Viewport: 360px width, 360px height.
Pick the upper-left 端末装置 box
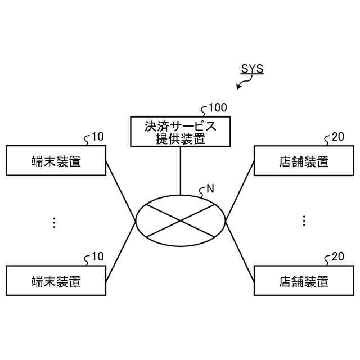tap(56, 161)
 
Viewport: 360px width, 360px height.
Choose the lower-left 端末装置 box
tap(56, 280)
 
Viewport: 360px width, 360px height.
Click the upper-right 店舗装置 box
tap(304, 161)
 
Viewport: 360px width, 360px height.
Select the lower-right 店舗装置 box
tap(304, 280)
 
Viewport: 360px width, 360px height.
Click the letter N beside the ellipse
tap(210, 189)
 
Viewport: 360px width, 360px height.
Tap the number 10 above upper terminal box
tap(97, 137)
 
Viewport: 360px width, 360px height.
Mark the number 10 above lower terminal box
tap(97, 256)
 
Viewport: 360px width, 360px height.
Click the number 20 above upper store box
tap(337, 137)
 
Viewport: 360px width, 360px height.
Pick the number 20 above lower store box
tap(337, 256)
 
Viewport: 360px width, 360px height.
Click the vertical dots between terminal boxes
tap(54, 222)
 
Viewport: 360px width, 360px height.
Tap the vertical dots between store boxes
tap(304, 220)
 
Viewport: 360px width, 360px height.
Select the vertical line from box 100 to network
tap(180, 170)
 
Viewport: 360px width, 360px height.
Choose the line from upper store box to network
tap(240, 191)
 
